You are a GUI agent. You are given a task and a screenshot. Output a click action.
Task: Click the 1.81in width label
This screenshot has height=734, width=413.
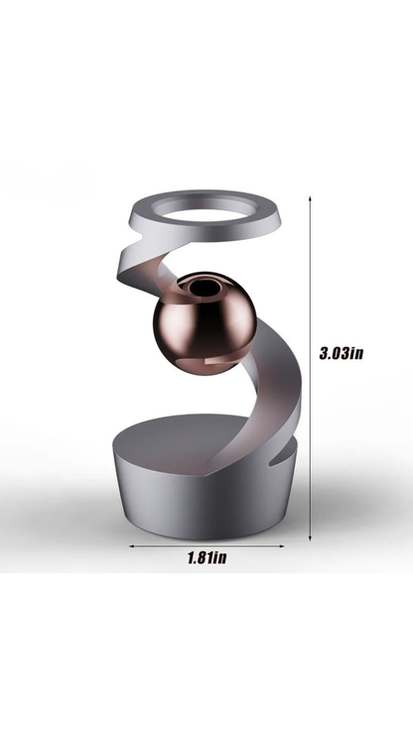[x=207, y=556]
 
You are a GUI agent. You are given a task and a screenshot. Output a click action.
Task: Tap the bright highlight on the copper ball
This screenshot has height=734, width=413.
[x=180, y=308]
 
